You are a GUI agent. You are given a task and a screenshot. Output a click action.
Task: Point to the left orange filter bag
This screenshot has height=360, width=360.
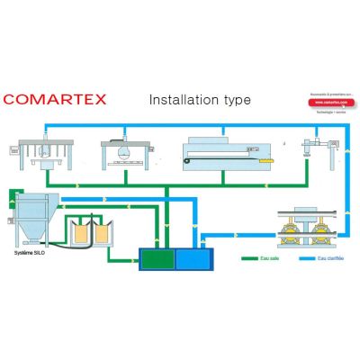(x=82, y=233)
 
